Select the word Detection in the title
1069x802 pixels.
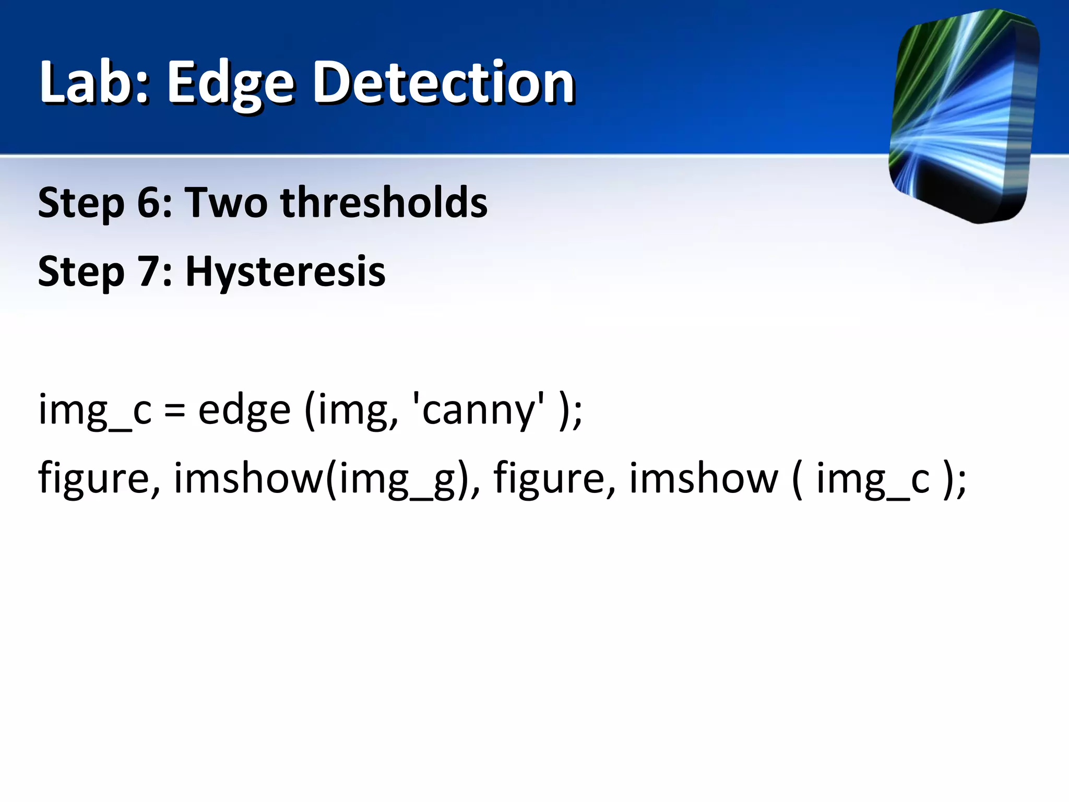443,82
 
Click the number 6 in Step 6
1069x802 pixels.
149,203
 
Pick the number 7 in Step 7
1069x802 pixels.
149,272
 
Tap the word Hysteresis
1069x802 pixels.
286,273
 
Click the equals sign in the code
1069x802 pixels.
174,410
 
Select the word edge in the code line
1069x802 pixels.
244,410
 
